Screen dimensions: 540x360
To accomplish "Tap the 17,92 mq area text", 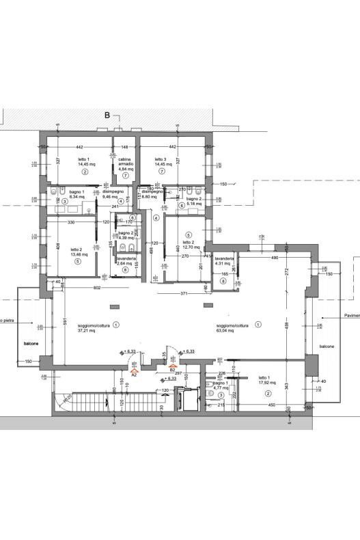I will [266, 382].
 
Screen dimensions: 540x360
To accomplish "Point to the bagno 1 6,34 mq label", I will [76, 195].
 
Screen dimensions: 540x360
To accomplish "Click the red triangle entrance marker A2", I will [134, 369].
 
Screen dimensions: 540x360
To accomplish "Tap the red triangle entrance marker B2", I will [172, 365].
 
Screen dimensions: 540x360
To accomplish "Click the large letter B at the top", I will [107, 116].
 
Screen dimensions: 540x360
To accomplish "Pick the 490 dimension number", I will [256, 258].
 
